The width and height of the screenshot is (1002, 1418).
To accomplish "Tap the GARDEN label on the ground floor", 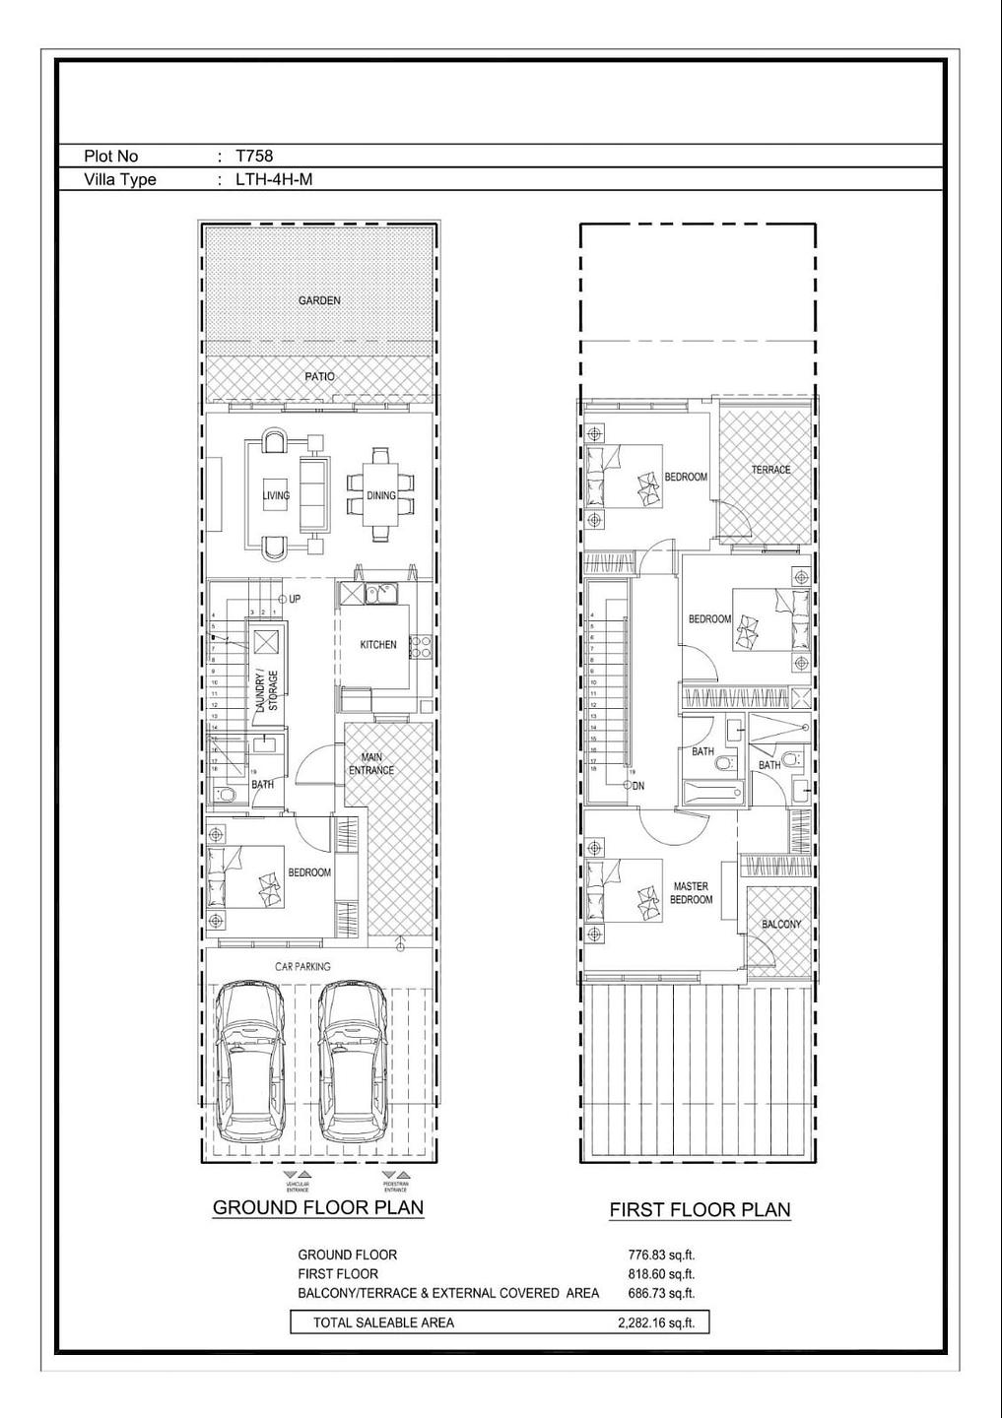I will [319, 300].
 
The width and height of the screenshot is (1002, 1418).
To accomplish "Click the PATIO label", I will [319, 376].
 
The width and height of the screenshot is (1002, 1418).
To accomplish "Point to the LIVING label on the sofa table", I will [276, 495].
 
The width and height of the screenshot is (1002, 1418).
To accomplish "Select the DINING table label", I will [381, 495].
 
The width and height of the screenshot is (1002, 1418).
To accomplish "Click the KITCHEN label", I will [378, 645].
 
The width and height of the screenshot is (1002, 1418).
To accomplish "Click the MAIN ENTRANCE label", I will [371, 764].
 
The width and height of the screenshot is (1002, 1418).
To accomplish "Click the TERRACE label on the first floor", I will [770, 470].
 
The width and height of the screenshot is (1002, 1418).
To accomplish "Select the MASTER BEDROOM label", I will [691, 893].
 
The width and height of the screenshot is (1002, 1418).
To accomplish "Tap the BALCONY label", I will [781, 925].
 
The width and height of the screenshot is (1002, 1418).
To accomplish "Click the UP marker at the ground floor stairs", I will [292, 599].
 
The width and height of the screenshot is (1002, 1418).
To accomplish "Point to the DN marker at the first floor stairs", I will [635, 786].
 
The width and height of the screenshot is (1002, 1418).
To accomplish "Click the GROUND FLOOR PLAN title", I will [318, 1207].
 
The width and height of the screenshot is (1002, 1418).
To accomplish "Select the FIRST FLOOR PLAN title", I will [700, 1209].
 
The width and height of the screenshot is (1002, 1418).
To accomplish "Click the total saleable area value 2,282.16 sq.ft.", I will [656, 1322].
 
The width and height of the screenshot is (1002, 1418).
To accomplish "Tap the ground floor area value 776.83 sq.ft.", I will [661, 1255].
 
